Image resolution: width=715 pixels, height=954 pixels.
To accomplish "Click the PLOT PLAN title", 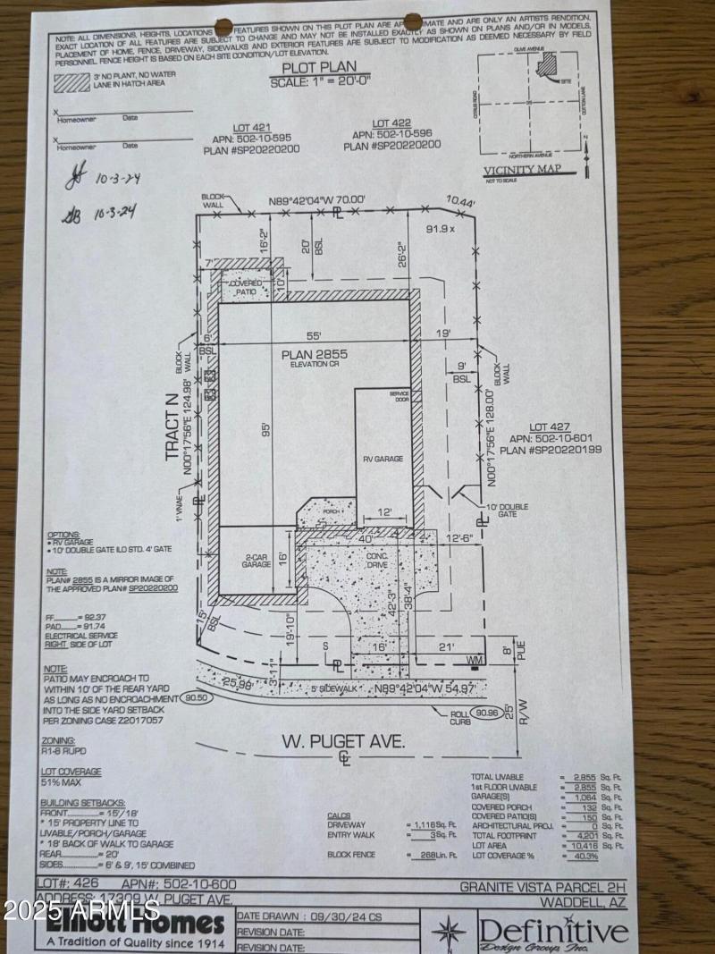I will pos(319,67).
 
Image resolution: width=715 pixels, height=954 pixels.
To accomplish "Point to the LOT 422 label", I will pos(391,122).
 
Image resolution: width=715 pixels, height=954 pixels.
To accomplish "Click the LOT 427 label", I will pos(549,426).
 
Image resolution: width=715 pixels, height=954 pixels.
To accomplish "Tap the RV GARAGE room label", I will pos(383,459).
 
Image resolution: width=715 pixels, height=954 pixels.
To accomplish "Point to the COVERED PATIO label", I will pos(248,287).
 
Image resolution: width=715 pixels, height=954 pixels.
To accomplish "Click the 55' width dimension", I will pos(313,336).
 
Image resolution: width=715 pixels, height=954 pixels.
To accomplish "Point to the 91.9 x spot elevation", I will pos(440,230).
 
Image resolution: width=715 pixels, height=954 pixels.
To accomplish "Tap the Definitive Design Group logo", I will pos(552,930).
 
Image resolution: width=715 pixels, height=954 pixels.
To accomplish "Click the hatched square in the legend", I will pos(71,81).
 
